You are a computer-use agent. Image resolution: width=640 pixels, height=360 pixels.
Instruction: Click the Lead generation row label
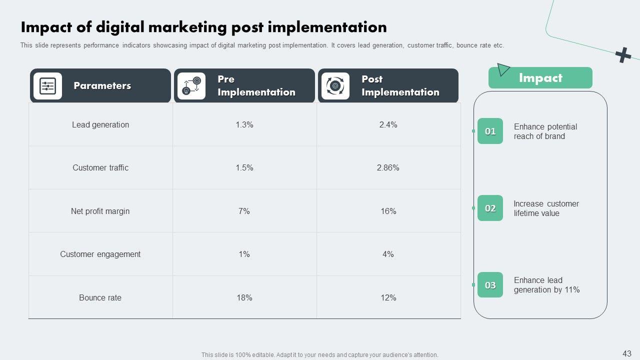tap(100, 125)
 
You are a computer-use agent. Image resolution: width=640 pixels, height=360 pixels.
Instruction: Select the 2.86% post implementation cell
tap(388, 168)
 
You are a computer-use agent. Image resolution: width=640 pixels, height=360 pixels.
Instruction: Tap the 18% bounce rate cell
tap(244, 298)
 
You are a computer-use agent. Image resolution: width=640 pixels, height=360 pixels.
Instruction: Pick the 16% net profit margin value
tap(388, 211)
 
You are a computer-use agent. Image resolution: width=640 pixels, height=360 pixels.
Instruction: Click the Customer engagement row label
tap(100, 254)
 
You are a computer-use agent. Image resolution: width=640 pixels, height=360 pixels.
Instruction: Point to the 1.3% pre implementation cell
tap(244, 125)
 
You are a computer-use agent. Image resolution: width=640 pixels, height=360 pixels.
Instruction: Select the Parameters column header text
tap(102, 86)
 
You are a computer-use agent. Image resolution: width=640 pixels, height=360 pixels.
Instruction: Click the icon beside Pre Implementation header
tap(191, 86)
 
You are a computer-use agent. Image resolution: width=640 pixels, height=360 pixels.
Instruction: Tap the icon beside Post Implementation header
tap(335, 86)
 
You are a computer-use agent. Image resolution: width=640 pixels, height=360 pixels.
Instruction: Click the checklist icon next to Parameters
tap(47, 86)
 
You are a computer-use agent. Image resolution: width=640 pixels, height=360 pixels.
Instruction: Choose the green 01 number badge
tap(490, 131)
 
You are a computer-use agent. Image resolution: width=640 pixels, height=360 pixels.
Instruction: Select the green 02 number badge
tap(490, 208)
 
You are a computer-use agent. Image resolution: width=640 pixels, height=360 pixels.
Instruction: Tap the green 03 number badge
tap(490, 285)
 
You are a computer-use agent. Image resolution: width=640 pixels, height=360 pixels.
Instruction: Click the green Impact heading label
tap(540, 78)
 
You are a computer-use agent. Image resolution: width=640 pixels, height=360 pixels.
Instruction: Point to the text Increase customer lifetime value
tap(546, 208)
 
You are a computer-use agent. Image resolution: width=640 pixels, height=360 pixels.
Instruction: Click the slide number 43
tap(627, 353)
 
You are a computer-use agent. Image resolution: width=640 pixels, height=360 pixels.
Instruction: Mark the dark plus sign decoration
tap(623, 55)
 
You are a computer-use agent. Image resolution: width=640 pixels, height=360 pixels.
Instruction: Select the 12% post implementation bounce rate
tap(388, 298)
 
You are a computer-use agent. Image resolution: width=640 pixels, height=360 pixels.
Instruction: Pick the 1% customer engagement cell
tap(244, 254)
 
